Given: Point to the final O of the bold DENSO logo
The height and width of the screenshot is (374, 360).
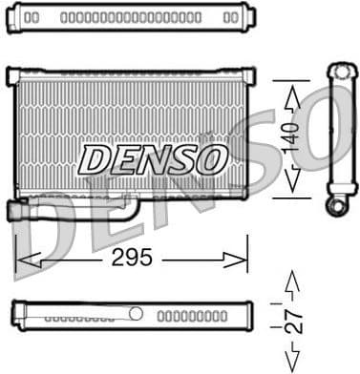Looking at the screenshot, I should tap(210, 159).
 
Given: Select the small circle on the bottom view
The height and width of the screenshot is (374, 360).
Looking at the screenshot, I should tap(137, 313).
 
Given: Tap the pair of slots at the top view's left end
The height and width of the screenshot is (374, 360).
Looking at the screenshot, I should tap(32, 17).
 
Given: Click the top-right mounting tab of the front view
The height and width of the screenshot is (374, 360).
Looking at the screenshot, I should tap(246, 73).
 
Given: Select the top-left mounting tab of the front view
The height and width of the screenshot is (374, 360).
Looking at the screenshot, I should tap(13, 73).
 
